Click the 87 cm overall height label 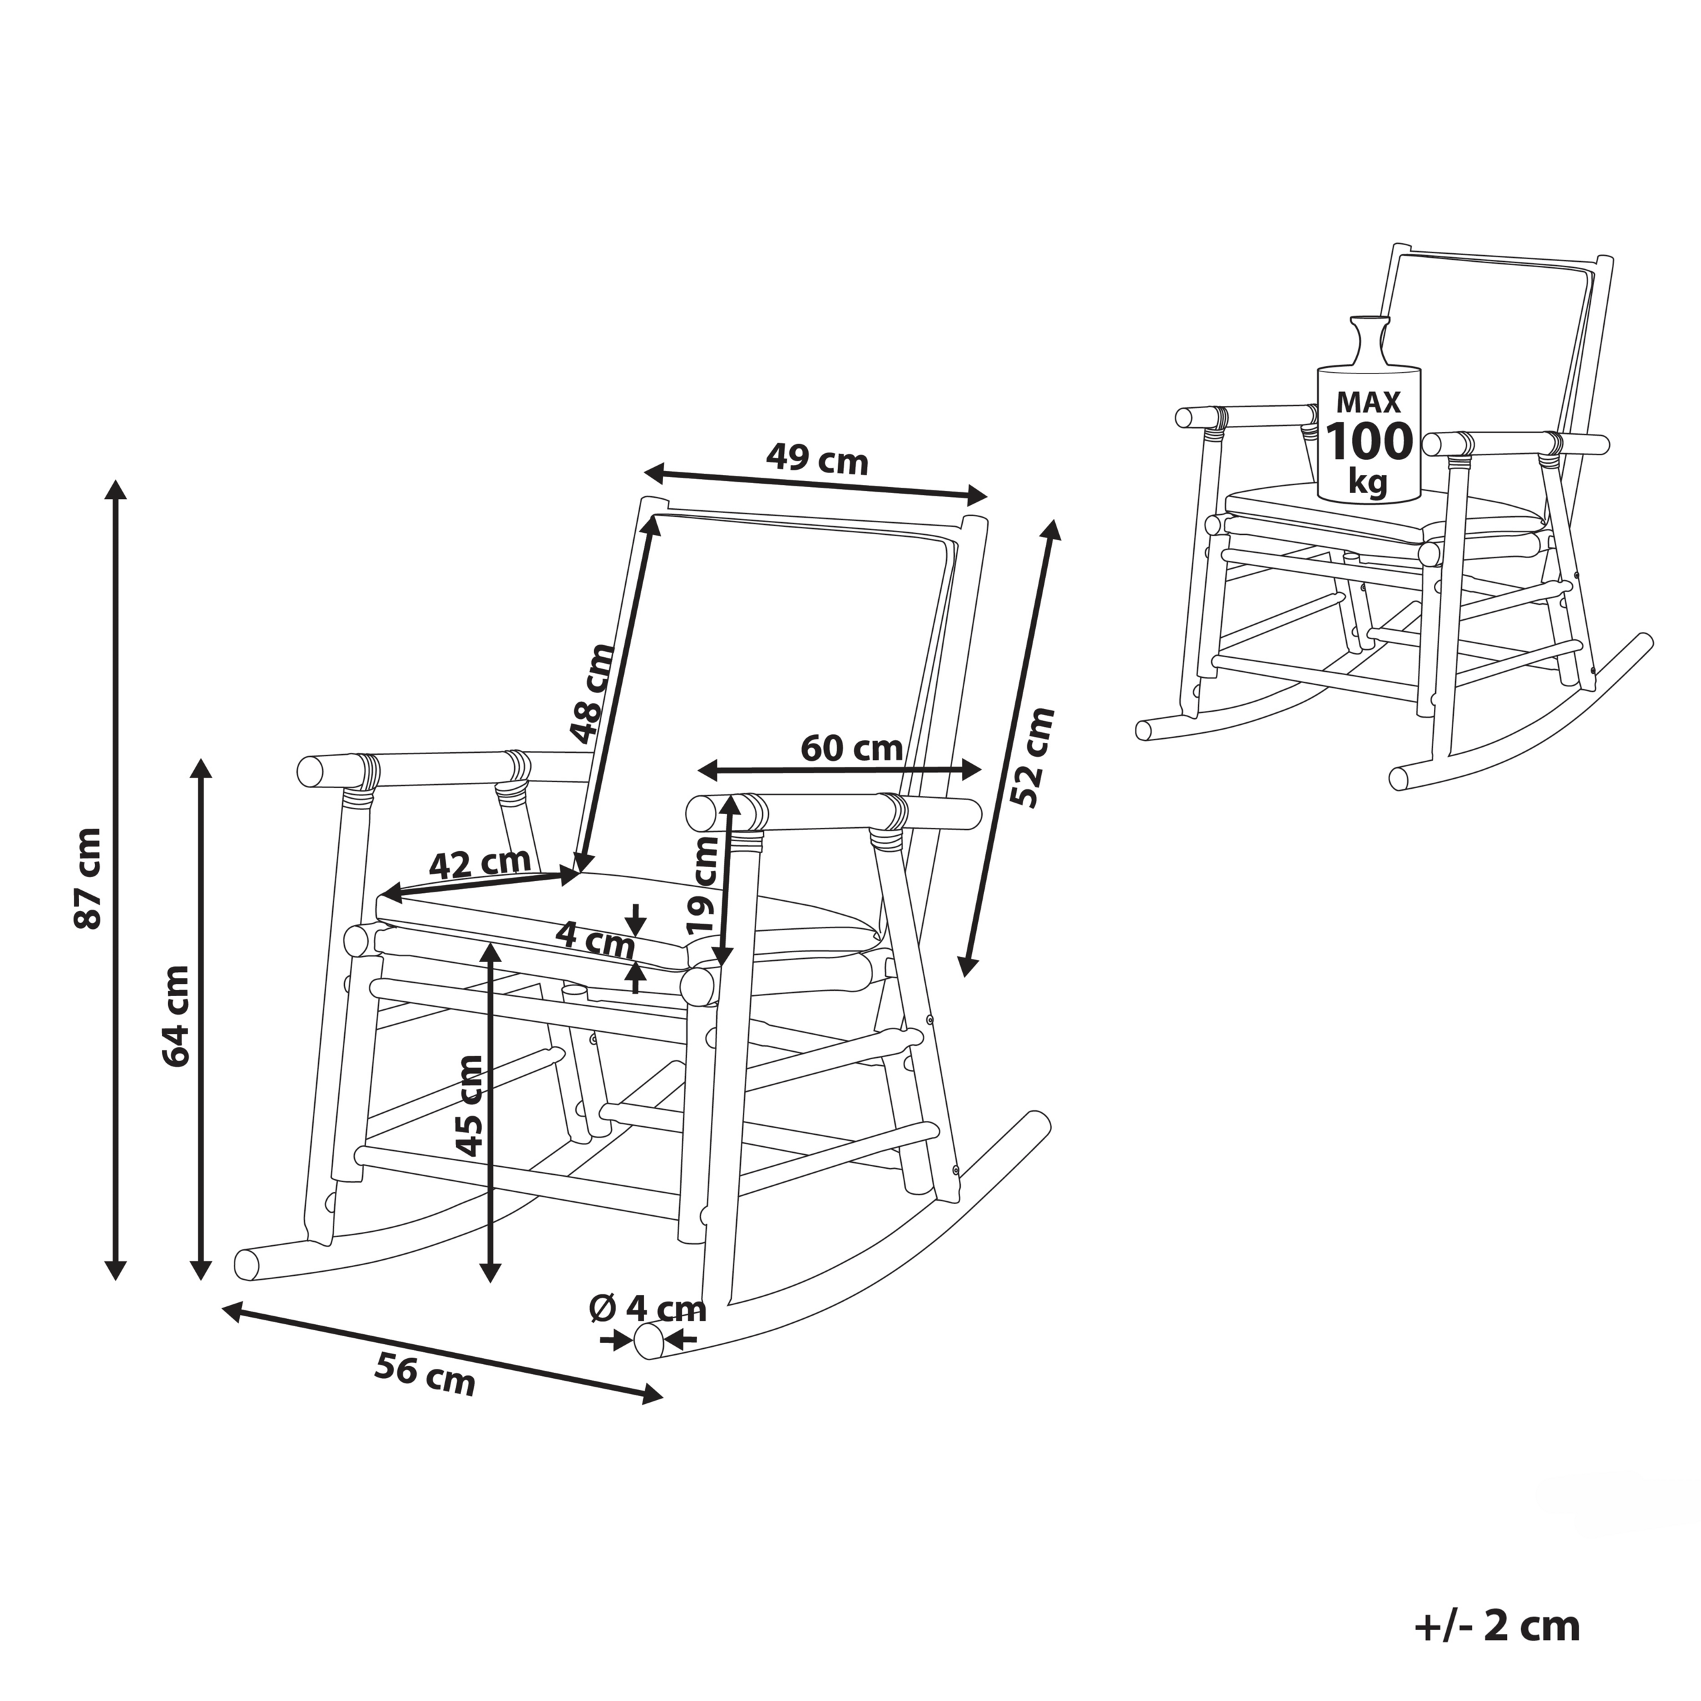tap(88, 878)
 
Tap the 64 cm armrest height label tap(176, 1016)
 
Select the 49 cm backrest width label tap(817, 460)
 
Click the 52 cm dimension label tap(1032, 756)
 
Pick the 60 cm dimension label tap(851, 748)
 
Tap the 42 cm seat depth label tap(480, 863)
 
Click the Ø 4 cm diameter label tap(647, 1309)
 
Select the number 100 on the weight tap(1369, 441)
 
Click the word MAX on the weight tap(1369, 403)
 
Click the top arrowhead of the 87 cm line tap(116, 490)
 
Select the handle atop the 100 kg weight tap(1368, 339)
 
